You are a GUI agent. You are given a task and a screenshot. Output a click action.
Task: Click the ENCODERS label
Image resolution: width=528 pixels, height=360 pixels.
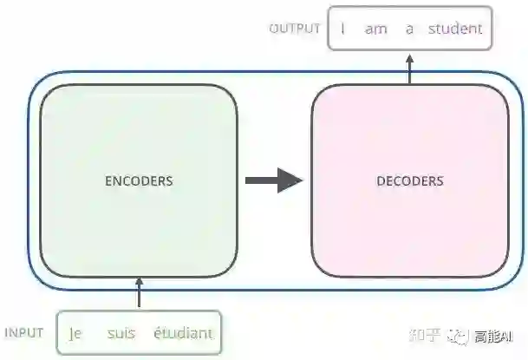tap(139, 181)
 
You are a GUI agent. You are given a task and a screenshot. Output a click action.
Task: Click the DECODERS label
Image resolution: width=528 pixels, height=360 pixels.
tap(410, 181)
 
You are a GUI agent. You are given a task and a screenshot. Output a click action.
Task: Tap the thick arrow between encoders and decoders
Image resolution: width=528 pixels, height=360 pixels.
tap(274, 180)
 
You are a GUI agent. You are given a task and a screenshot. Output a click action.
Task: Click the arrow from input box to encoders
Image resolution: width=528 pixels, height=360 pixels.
tap(139, 293)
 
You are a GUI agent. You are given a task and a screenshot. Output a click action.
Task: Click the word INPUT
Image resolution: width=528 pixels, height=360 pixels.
tap(24, 333)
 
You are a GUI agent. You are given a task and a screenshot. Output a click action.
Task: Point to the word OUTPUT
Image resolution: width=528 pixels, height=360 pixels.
tap(295, 29)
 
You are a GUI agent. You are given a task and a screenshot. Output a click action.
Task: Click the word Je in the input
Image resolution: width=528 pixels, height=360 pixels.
tap(75, 333)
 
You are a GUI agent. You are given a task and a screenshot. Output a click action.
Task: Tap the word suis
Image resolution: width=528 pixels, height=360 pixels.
tap(121, 333)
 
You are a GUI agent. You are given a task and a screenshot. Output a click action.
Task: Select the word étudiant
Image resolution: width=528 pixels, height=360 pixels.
tap(182, 333)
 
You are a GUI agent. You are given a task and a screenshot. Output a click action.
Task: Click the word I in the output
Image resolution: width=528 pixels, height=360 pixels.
tap(343, 29)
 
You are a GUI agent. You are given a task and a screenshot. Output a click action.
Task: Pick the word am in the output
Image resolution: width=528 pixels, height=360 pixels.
tap(376, 29)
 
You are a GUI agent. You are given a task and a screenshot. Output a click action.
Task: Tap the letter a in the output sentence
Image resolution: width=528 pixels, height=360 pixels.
tap(409, 29)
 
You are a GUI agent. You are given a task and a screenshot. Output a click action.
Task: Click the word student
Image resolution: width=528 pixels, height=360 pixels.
tap(455, 29)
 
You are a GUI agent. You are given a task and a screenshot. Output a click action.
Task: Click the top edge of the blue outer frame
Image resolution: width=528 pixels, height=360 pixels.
tap(260, 72)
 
